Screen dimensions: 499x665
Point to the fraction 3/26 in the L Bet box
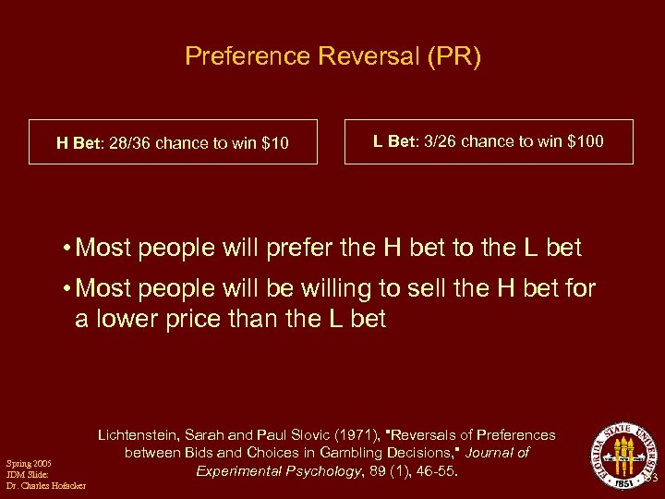441,142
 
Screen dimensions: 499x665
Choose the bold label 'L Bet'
393,142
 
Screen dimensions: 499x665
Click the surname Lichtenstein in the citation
142,434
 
